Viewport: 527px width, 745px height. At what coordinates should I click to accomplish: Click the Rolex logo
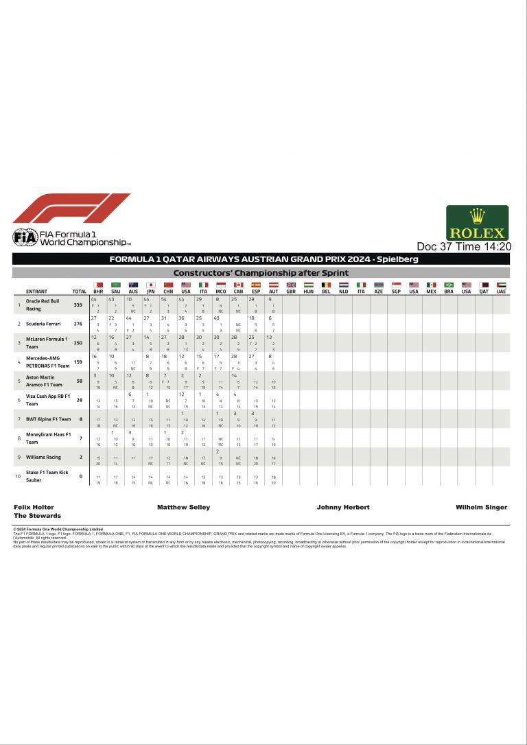[x=478, y=223]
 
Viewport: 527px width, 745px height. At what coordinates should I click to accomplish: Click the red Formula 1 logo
[x=72, y=209]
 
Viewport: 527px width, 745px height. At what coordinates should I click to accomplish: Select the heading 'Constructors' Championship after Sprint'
[x=261, y=272]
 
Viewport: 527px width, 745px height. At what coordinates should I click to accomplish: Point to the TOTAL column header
[x=80, y=292]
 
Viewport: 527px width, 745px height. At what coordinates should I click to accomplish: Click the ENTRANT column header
[x=36, y=292]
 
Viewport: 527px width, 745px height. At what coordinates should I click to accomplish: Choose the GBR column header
[x=290, y=292]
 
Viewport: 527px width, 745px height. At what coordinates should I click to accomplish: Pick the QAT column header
[x=484, y=292]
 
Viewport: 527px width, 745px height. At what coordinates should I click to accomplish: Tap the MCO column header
[x=221, y=292]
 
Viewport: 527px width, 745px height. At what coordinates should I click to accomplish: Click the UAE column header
[x=501, y=292]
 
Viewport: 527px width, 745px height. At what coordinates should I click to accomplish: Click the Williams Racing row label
[x=44, y=457]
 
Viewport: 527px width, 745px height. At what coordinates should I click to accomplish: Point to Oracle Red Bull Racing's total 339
[x=78, y=305]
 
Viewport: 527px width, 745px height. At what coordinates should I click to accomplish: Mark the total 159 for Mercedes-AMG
[x=78, y=362]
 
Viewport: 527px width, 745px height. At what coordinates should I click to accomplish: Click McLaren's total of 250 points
[x=78, y=342]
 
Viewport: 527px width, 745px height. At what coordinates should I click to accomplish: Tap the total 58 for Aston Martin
[x=80, y=381]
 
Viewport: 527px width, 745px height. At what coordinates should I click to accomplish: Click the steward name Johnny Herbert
[x=343, y=508]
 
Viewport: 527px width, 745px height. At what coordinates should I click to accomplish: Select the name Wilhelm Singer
[x=481, y=508]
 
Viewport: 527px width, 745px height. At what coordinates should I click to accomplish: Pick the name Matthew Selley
[x=183, y=508]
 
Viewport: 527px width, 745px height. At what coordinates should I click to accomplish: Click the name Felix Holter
[x=34, y=508]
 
